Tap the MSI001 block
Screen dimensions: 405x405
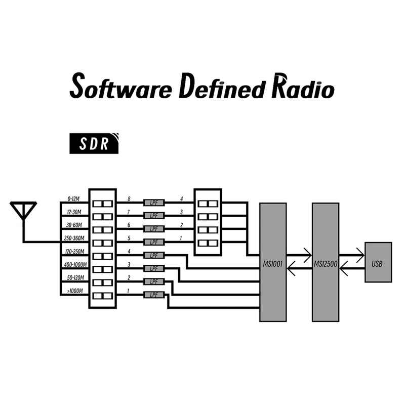[x=273, y=262]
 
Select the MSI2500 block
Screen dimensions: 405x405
[x=326, y=262]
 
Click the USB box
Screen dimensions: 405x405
[x=378, y=262]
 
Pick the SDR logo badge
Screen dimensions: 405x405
[x=95, y=144]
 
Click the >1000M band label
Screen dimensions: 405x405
[x=75, y=291]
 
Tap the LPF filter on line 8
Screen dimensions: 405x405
[x=154, y=202]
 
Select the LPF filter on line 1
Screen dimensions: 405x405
[x=154, y=295]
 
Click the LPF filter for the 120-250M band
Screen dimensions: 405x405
[x=154, y=255]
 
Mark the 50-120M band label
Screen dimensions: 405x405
[x=74, y=278]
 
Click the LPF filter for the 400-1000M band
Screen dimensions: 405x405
[x=154, y=268]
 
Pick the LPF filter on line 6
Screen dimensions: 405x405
[x=154, y=229]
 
